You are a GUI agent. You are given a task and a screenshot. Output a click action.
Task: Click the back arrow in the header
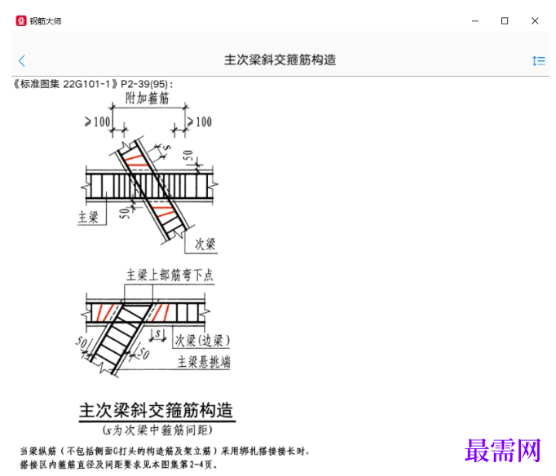22,60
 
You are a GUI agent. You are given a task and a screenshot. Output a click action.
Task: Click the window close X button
535,21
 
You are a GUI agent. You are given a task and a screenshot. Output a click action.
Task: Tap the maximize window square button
505,21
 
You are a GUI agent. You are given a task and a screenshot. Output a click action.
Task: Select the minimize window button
475,21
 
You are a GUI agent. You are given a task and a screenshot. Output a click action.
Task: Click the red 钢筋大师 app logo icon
21,21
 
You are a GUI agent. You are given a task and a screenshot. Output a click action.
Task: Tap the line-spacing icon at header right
539,61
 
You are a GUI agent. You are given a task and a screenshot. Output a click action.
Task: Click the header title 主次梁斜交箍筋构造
280,59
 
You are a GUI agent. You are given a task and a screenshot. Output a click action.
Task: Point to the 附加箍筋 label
148,98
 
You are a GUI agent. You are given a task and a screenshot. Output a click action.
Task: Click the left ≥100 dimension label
97,122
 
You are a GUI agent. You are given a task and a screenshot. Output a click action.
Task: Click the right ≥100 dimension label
199,122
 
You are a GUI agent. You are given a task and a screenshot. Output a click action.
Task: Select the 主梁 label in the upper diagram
88,217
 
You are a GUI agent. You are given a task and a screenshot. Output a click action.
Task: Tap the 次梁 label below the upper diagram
205,245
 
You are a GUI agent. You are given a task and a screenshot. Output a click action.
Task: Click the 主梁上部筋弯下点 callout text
170,275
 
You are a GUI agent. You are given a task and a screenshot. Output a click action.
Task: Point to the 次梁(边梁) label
202,341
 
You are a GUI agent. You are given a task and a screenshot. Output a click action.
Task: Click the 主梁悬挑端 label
204,362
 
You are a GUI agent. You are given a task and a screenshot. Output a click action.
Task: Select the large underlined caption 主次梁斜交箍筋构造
156,411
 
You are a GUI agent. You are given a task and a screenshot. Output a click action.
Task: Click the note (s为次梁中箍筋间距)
157,430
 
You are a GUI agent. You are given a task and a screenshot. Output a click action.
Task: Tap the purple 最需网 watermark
502,451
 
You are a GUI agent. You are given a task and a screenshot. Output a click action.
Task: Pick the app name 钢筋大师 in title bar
46,21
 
